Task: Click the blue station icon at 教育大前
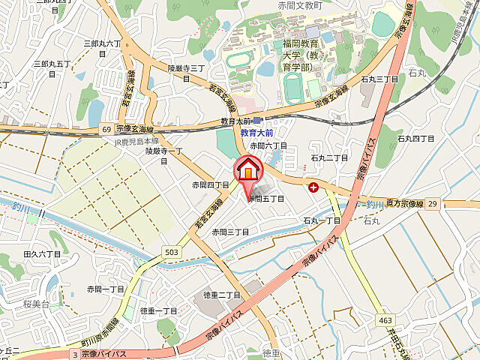click(257, 119)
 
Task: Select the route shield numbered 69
click(106, 130)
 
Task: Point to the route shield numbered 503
click(172, 252)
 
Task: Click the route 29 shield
click(432, 204)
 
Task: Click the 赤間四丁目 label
click(210, 184)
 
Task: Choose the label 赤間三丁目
click(229, 232)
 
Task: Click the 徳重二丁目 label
click(221, 295)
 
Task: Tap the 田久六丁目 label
click(42, 255)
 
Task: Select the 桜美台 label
click(35, 304)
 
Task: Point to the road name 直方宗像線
click(402, 203)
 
